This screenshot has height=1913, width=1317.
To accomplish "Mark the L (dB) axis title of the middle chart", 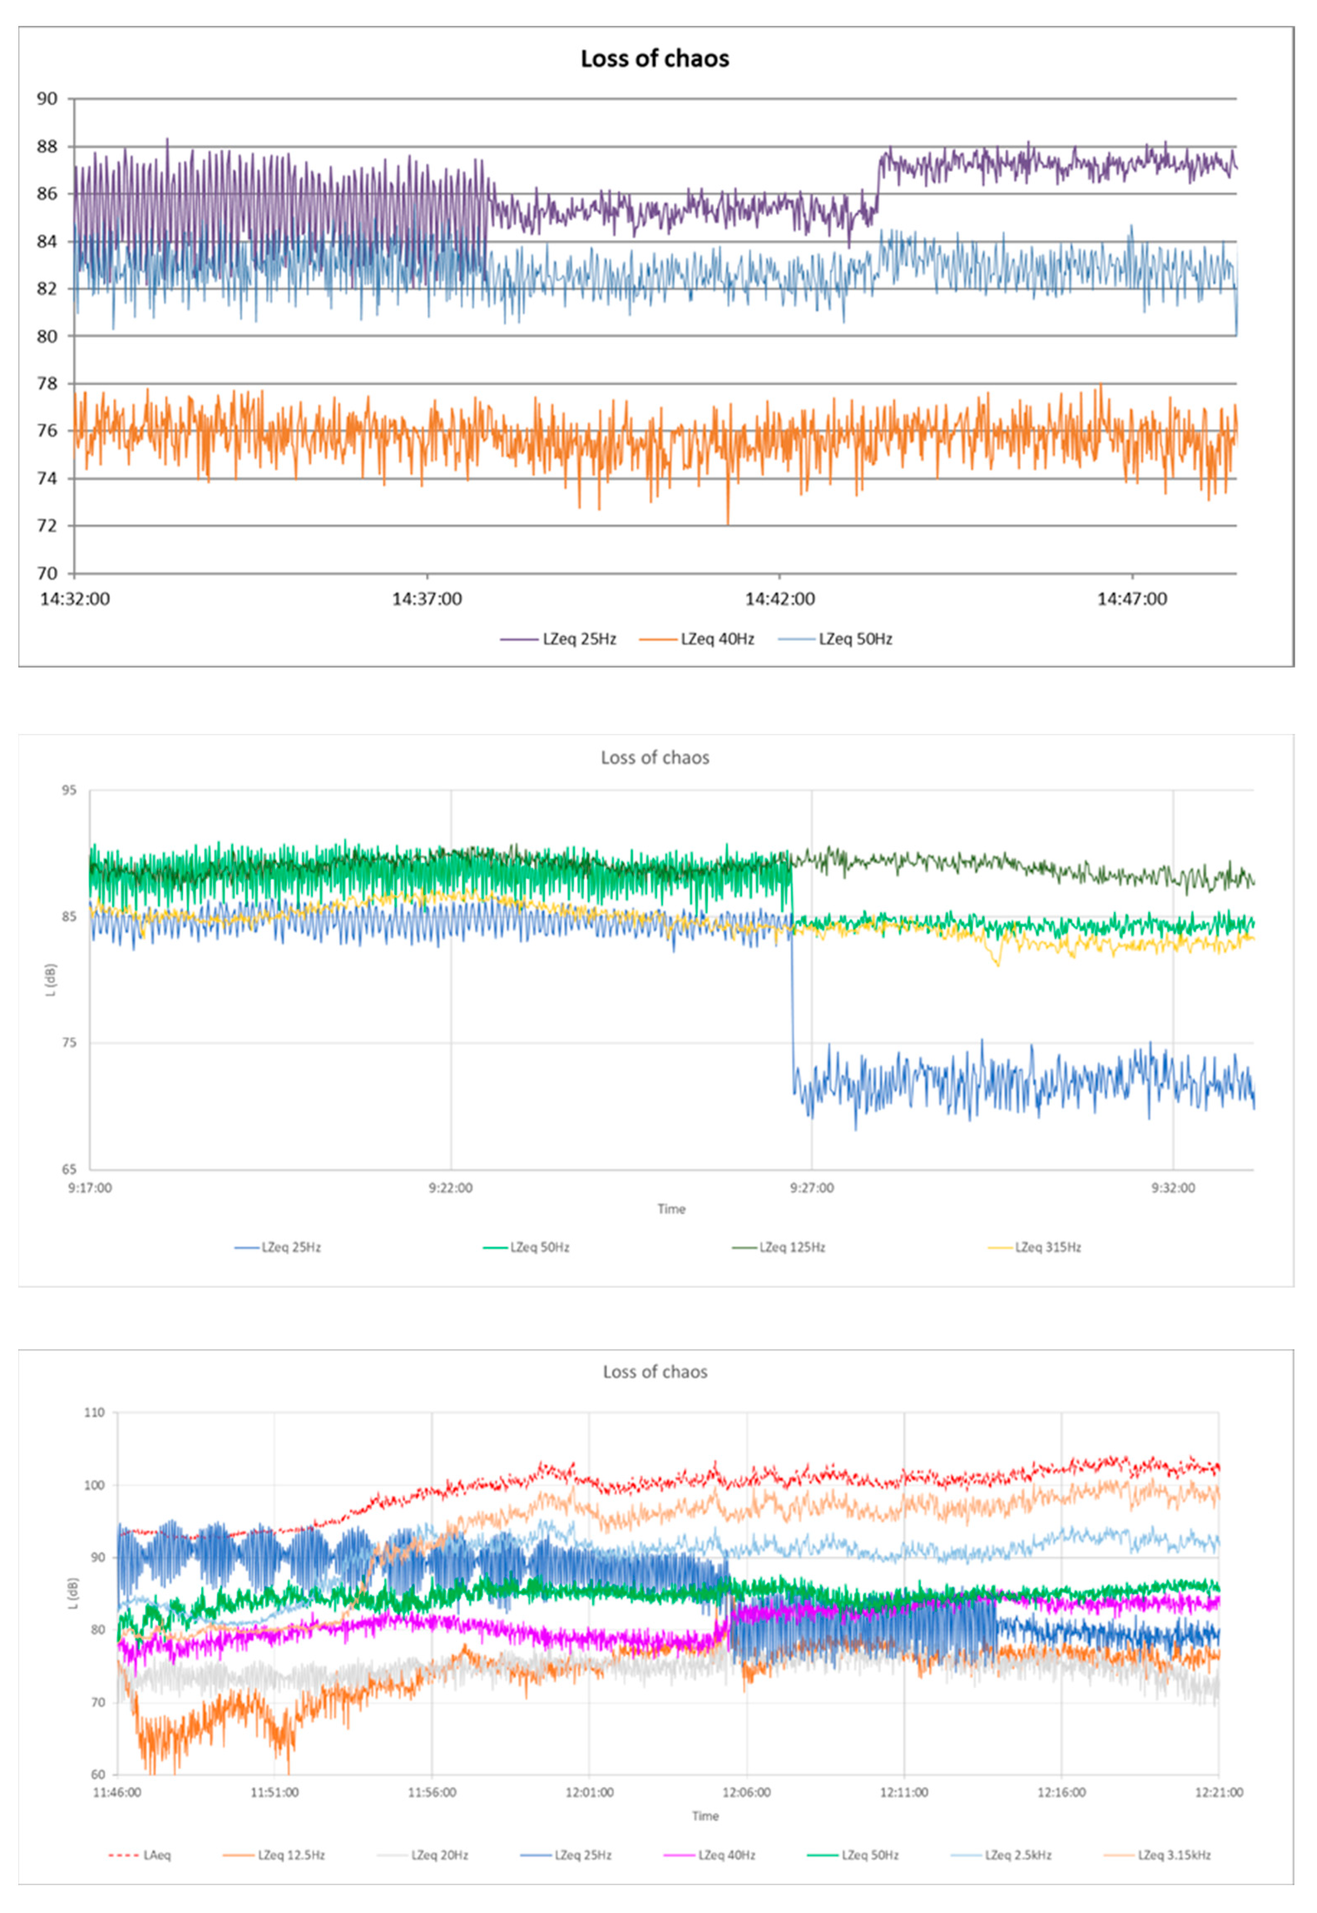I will coord(51,980).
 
